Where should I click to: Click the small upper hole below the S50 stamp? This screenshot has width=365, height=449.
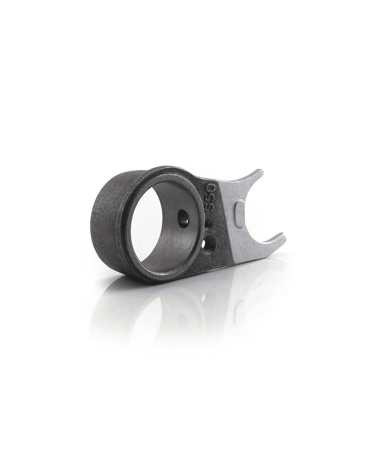click(209, 224)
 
